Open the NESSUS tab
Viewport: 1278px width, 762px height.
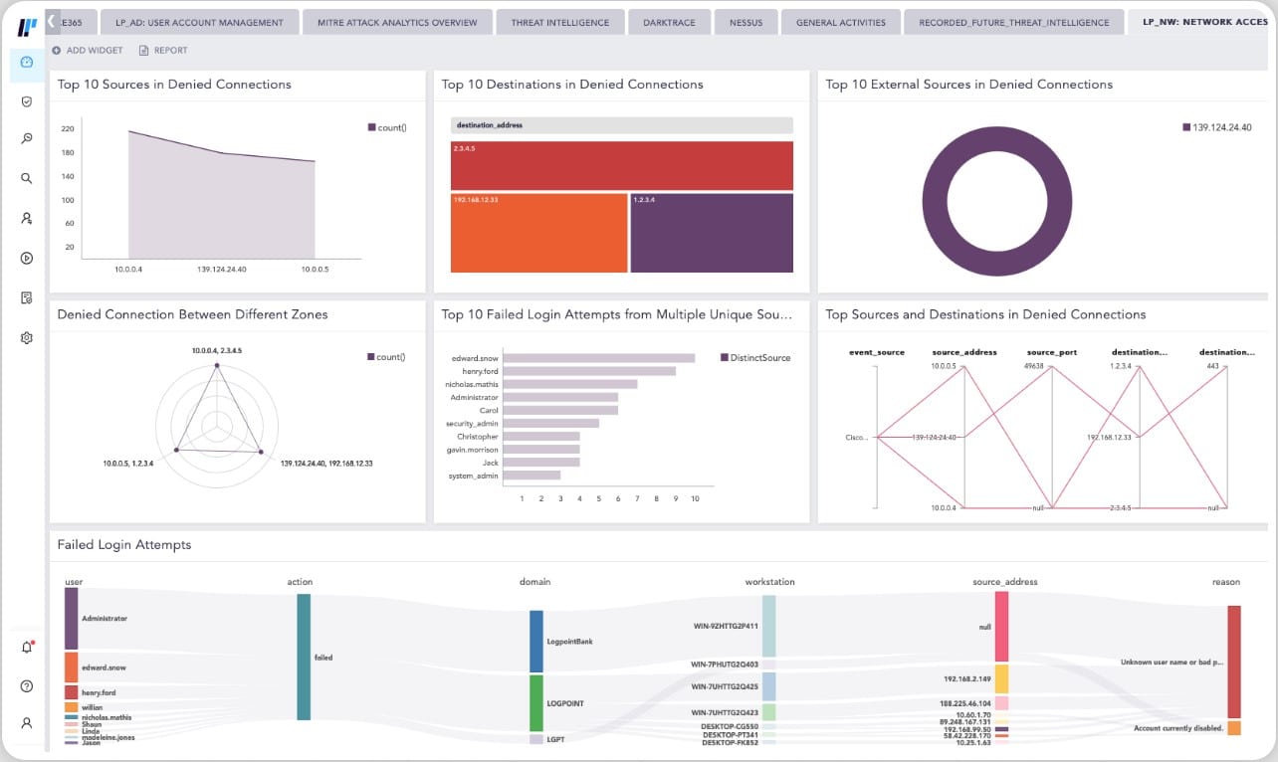point(745,22)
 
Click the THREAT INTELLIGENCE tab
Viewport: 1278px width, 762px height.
point(562,22)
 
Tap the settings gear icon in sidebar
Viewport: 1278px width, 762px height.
point(27,338)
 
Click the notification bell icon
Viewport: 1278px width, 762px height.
point(27,648)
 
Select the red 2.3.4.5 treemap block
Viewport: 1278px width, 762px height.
point(621,165)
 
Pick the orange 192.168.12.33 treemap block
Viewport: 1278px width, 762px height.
point(538,233)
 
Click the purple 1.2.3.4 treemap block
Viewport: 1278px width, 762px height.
point(712,233)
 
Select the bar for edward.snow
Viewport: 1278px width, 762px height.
point(598,358)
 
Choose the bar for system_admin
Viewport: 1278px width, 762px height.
point(532,476)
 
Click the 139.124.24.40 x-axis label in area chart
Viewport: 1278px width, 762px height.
point(222,270)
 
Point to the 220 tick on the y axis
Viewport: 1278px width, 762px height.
point(68,129)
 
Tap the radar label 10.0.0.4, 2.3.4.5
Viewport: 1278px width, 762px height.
point(217,351)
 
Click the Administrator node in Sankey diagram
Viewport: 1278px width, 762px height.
point(71,619)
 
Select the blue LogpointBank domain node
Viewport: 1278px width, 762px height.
point(536,642)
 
